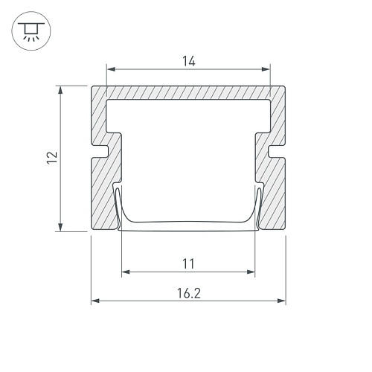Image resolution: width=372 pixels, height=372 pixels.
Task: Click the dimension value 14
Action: click(x=189, y=61)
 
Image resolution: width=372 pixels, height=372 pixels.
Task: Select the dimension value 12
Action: click(x=52, y=158)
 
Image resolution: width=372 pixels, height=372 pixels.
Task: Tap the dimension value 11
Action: click(x=188, y=264)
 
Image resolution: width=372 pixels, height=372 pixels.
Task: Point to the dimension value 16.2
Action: click(x=189, y=293)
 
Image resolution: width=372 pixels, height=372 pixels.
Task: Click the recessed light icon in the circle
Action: click(x=31, y=31)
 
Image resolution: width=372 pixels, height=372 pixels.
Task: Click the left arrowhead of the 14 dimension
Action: click(x=111, y=69)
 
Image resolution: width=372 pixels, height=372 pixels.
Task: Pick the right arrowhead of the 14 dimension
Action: click(x=266, y=69)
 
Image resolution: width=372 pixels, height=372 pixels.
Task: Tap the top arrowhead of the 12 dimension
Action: click(x=60, y=90)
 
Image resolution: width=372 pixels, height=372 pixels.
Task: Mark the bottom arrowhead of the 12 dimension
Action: click(x=60, y=227)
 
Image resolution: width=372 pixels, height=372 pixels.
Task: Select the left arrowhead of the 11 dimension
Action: click(x=126, y=272)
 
